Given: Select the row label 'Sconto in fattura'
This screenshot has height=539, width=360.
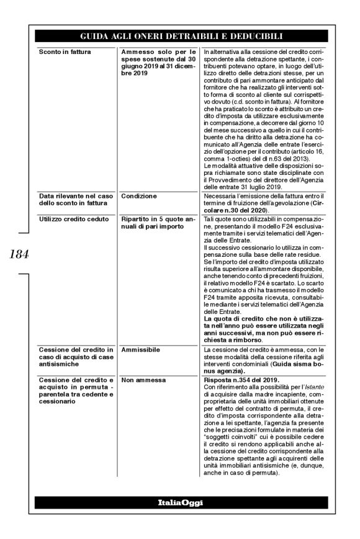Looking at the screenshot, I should click(64, 51).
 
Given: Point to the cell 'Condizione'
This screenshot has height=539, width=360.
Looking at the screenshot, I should click(139, 196).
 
